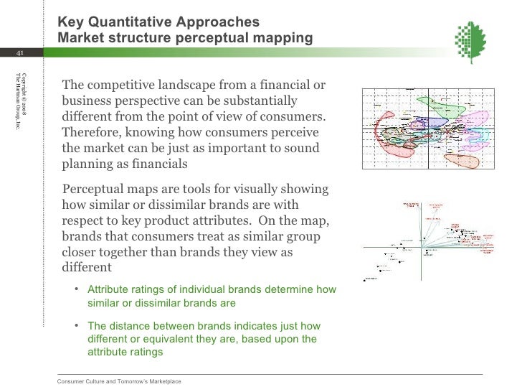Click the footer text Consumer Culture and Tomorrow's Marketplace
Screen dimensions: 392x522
119,381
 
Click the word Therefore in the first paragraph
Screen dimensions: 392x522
91,132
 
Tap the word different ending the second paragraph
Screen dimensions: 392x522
87,267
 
